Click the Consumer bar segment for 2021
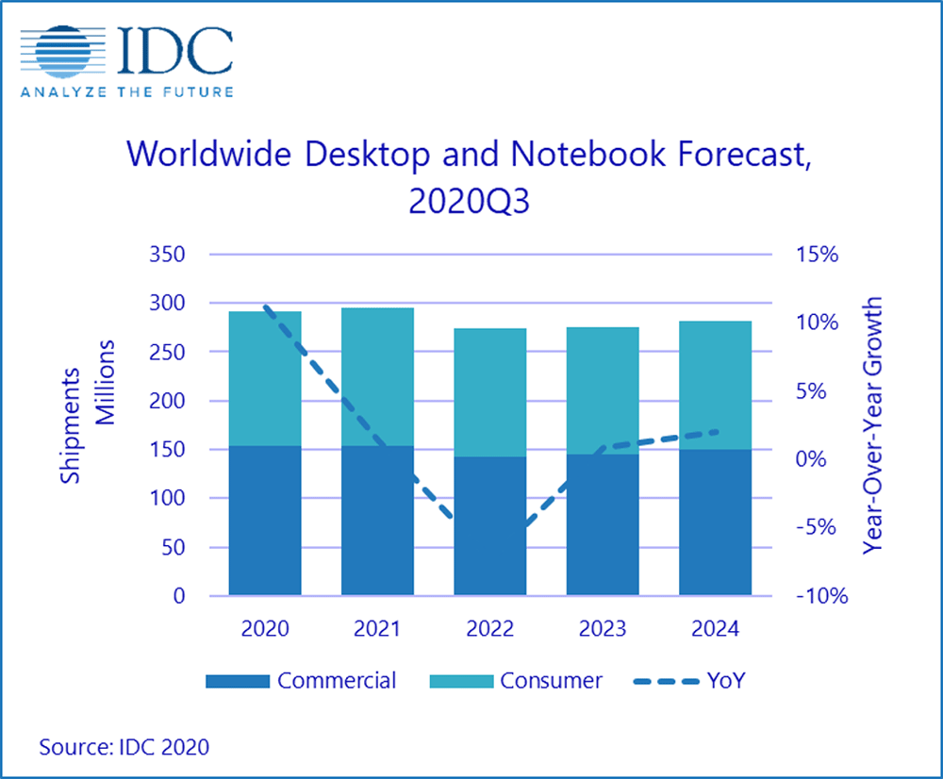(377, 376)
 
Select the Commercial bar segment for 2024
(715, 522)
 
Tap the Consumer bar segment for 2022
(490, 392)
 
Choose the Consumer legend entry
(517, 680)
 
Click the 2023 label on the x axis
(603, 629)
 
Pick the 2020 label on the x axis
(265, 629)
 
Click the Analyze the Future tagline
(127, 91)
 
